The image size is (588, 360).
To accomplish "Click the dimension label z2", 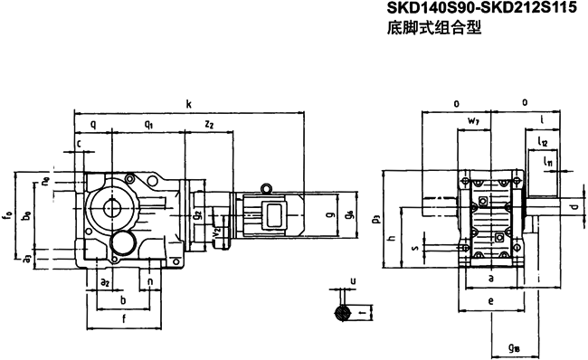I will pos(209,124).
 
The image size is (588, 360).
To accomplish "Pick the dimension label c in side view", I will pos(79,142).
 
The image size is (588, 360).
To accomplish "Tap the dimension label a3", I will pos(28,259).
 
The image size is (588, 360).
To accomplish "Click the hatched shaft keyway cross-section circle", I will pos(340,313).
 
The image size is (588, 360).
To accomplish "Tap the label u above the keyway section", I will pos(352,281).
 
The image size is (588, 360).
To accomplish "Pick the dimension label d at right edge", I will pos(574,208).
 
